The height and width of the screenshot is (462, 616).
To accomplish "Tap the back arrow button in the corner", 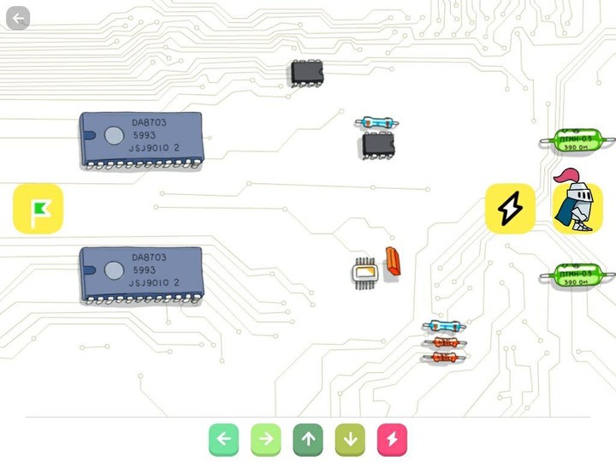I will [18, 18].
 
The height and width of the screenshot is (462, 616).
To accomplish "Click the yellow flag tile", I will [38, 209].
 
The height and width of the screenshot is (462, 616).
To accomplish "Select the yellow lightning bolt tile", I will [510, 208].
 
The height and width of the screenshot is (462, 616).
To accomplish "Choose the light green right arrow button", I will [265, 440].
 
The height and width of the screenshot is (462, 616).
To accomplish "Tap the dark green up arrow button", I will [308, 440].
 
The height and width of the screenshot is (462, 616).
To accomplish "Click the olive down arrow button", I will [350, 440].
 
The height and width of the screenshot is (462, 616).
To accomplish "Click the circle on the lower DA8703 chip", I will [114, 270].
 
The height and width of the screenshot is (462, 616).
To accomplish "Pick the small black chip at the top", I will [306, 73].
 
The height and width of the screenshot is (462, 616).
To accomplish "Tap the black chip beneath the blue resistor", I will [378, 144].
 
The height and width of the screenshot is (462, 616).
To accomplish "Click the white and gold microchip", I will [365, 272].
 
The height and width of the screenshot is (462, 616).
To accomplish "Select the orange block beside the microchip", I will [393, 261].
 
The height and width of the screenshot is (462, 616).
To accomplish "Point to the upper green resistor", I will [575, 140].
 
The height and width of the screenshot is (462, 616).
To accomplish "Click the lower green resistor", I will [575, 275].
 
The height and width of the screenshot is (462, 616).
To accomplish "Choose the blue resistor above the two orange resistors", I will [444, 326].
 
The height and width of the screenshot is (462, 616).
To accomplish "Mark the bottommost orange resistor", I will [445, 356].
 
